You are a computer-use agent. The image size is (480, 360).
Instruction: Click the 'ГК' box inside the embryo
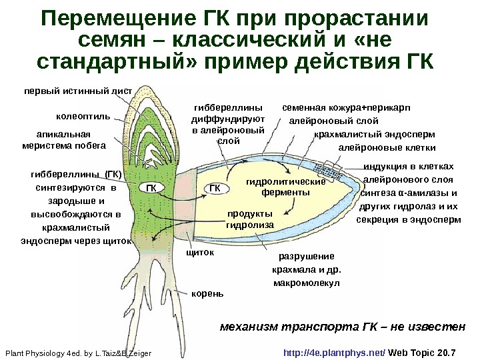151,188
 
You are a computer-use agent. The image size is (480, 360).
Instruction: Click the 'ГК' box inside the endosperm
213,188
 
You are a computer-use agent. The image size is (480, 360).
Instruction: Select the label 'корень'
208,293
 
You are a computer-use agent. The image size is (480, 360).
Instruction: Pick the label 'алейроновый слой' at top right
333,121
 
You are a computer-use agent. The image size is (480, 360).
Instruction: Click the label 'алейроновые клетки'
387,148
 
